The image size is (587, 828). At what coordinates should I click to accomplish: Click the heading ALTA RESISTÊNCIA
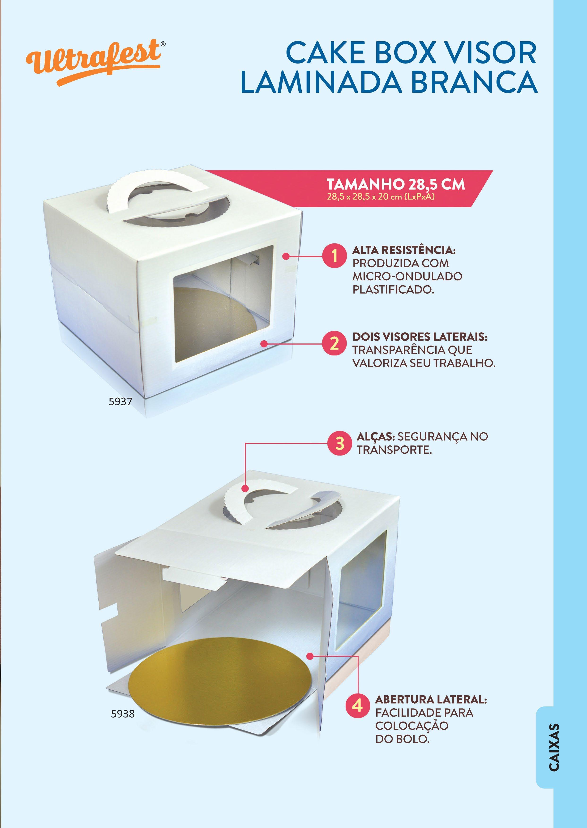coord(404,250)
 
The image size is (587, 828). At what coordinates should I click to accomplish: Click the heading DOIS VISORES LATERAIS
coord(420,337)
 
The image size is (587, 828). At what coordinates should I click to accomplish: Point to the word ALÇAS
coord(376,437)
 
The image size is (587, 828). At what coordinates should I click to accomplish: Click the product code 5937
coord(120,401)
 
